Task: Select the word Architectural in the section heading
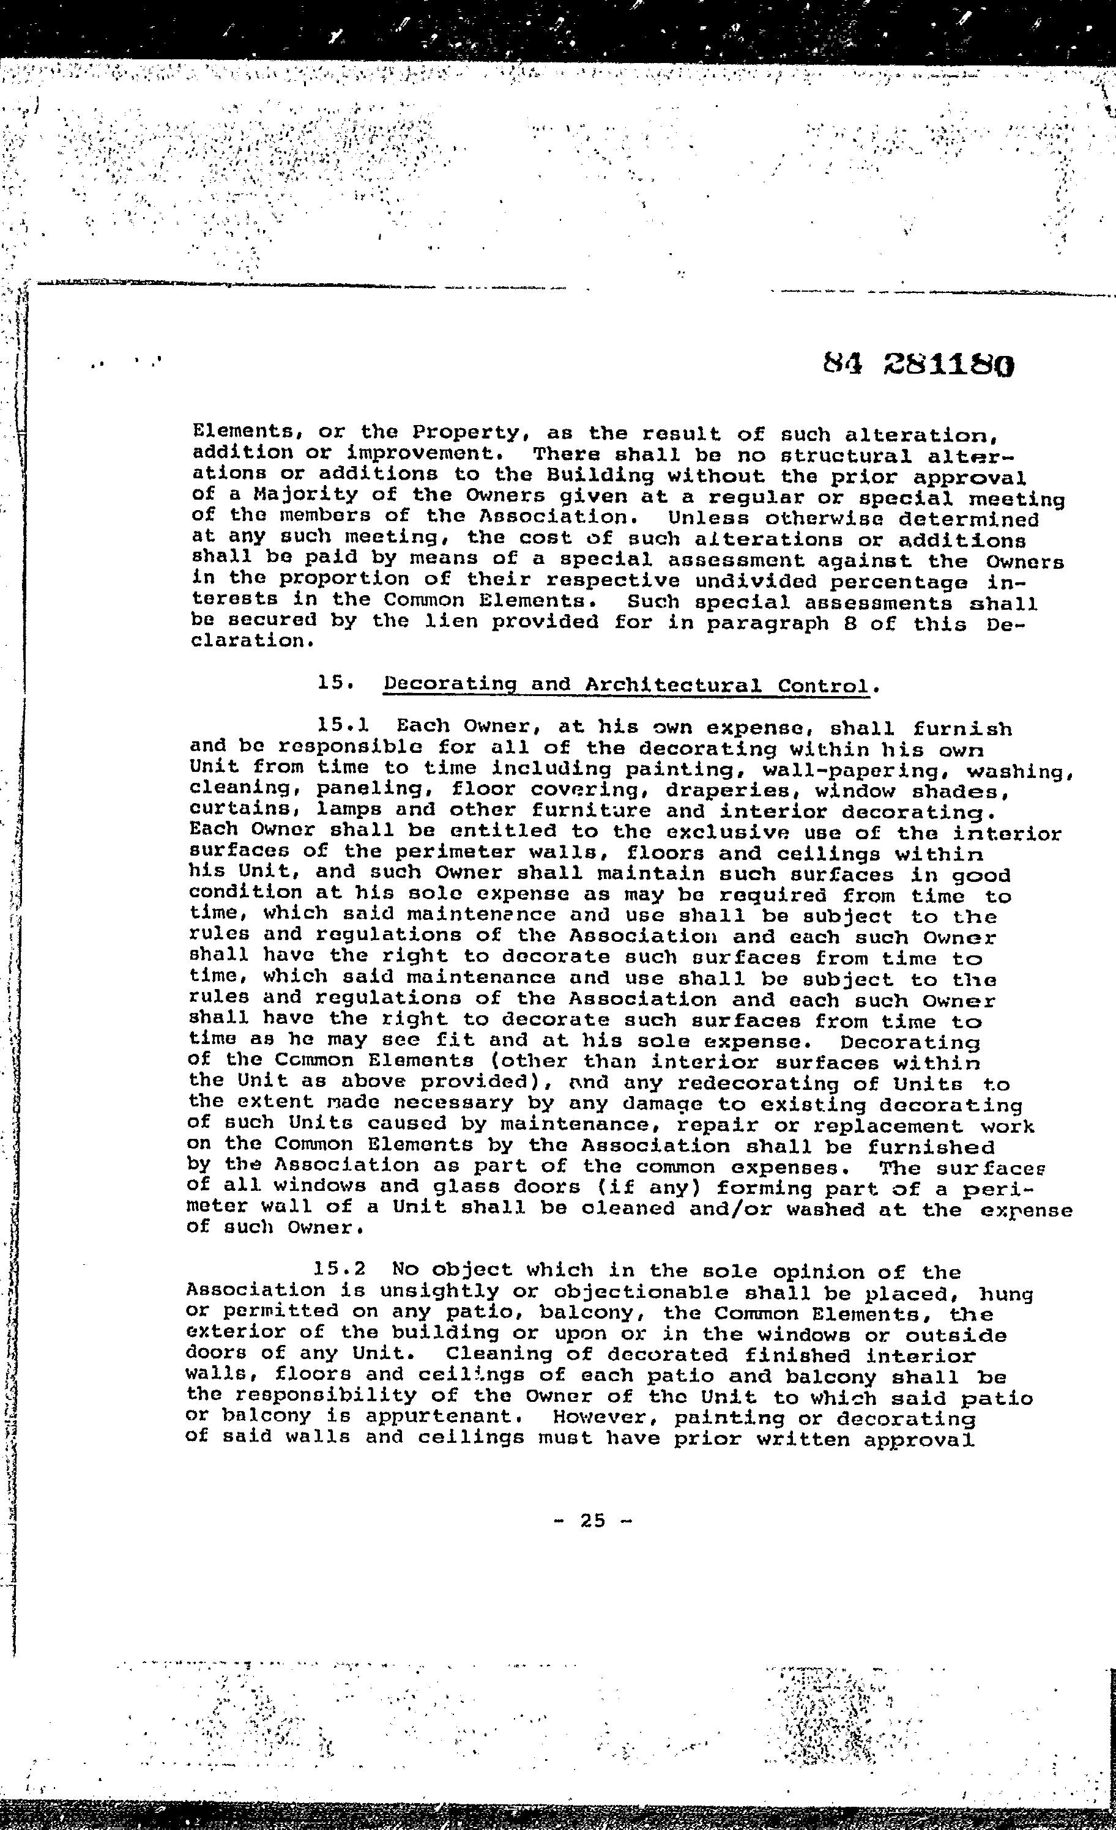pos(673,685)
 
